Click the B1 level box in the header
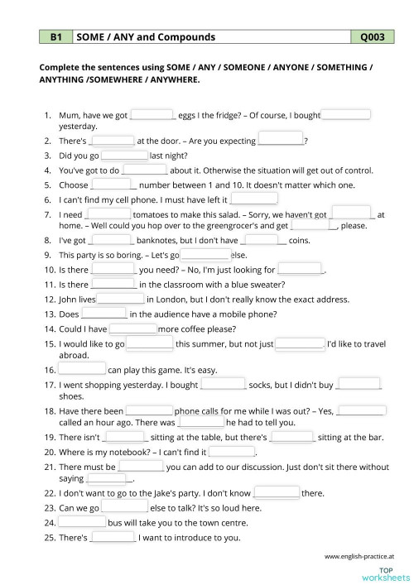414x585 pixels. point(56,37)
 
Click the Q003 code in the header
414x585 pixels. point(373,37)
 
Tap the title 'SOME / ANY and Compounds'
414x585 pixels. point(146,37)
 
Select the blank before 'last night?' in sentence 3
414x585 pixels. point(124,155)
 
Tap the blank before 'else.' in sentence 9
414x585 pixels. point(204,255)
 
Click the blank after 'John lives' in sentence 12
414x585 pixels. point(122,298)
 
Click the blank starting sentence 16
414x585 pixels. point(82,369)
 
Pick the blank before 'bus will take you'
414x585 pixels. point(82,523)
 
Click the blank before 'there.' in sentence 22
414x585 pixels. point(277,492)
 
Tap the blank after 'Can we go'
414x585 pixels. point(124,507)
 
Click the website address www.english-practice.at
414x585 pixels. point(359,556)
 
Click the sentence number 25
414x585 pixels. point(48,538)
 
